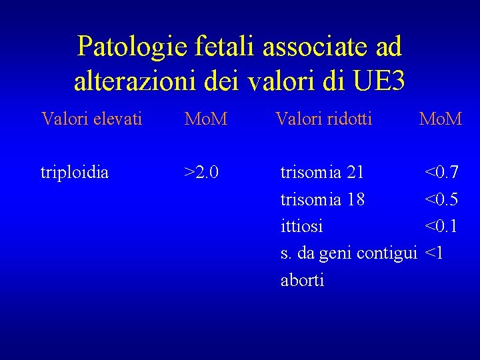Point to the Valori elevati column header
pos(91,119)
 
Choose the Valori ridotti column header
pos(324,119)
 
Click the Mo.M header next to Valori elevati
pos(206,119)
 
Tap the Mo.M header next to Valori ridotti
pos(440,119)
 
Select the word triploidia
pos(75,173)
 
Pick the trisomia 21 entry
pos(322,173)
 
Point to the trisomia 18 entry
pos(323,199)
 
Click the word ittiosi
pos(302,226)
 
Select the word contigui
pos(387,253)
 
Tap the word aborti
pos(303,280)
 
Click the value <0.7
pos(441,173)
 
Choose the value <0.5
pos(441,199)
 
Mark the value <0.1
pos(441,226)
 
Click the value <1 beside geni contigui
pos(433,253)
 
